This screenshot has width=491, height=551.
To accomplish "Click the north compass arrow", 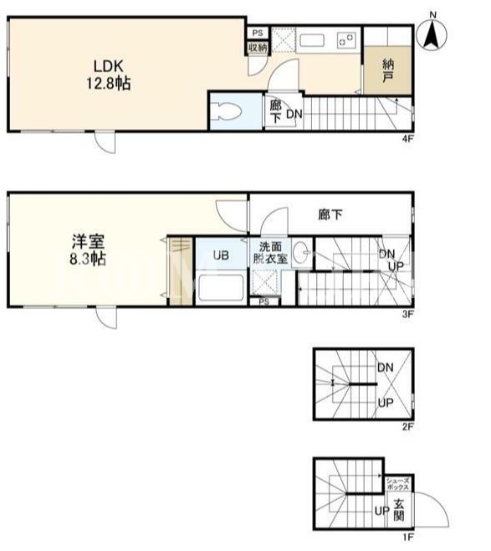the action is point(432,34).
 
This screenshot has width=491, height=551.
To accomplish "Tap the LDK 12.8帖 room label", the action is point(109,75).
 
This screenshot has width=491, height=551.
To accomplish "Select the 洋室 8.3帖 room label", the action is point(88,250).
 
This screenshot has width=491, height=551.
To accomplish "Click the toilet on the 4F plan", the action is point(228,111).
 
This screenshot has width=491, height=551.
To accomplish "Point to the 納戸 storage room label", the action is point(388,70).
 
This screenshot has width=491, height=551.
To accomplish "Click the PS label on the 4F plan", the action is point(258,33).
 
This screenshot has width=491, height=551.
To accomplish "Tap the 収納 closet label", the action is point(258,48).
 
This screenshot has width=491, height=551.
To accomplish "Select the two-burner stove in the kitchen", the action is point(347,39).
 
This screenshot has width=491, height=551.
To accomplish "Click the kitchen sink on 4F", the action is point(312,40).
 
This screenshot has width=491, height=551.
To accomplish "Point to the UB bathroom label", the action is point(221,255).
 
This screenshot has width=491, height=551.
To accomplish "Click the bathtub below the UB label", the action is point(220,287).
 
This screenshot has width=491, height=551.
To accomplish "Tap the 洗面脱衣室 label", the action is point(270,253).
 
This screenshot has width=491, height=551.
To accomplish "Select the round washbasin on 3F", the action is point(301,251).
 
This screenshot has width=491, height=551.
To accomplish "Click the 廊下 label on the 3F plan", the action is point(330,214).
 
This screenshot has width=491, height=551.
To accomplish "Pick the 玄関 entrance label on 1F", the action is point(398,510).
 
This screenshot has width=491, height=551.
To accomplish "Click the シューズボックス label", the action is point(398,483).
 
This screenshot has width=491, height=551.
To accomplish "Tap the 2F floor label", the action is point(407,426).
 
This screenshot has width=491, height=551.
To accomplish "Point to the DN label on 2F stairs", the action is point(385,368).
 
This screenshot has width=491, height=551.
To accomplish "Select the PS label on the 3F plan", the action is point(264,301).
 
